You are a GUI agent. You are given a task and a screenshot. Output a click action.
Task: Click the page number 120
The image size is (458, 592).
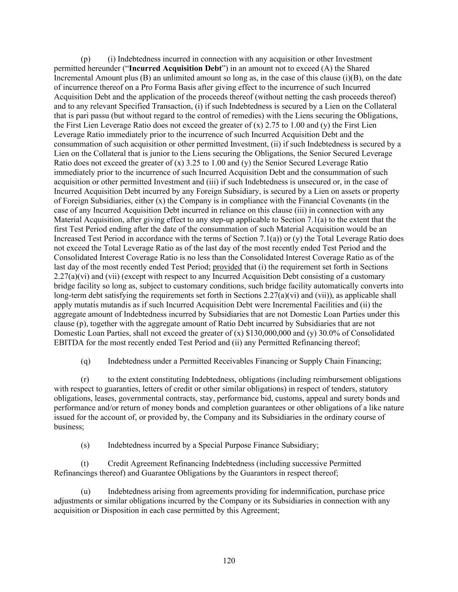click(229, 561)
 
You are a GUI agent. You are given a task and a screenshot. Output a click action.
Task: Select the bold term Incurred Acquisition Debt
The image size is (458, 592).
click(175, 69)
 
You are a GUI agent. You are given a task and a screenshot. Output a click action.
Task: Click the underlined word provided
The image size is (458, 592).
click(227, 267)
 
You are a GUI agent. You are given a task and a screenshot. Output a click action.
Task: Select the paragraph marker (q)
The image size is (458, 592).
click(86, 361)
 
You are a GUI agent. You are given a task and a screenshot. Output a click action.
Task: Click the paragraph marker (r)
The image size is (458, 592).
click(85, 379)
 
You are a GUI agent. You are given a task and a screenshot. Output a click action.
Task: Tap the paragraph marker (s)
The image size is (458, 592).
click(85, 445)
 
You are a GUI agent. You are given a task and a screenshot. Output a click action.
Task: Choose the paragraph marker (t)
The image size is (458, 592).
click(85, 464)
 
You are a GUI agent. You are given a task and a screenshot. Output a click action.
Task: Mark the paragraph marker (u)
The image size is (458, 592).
click(86, 491)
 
